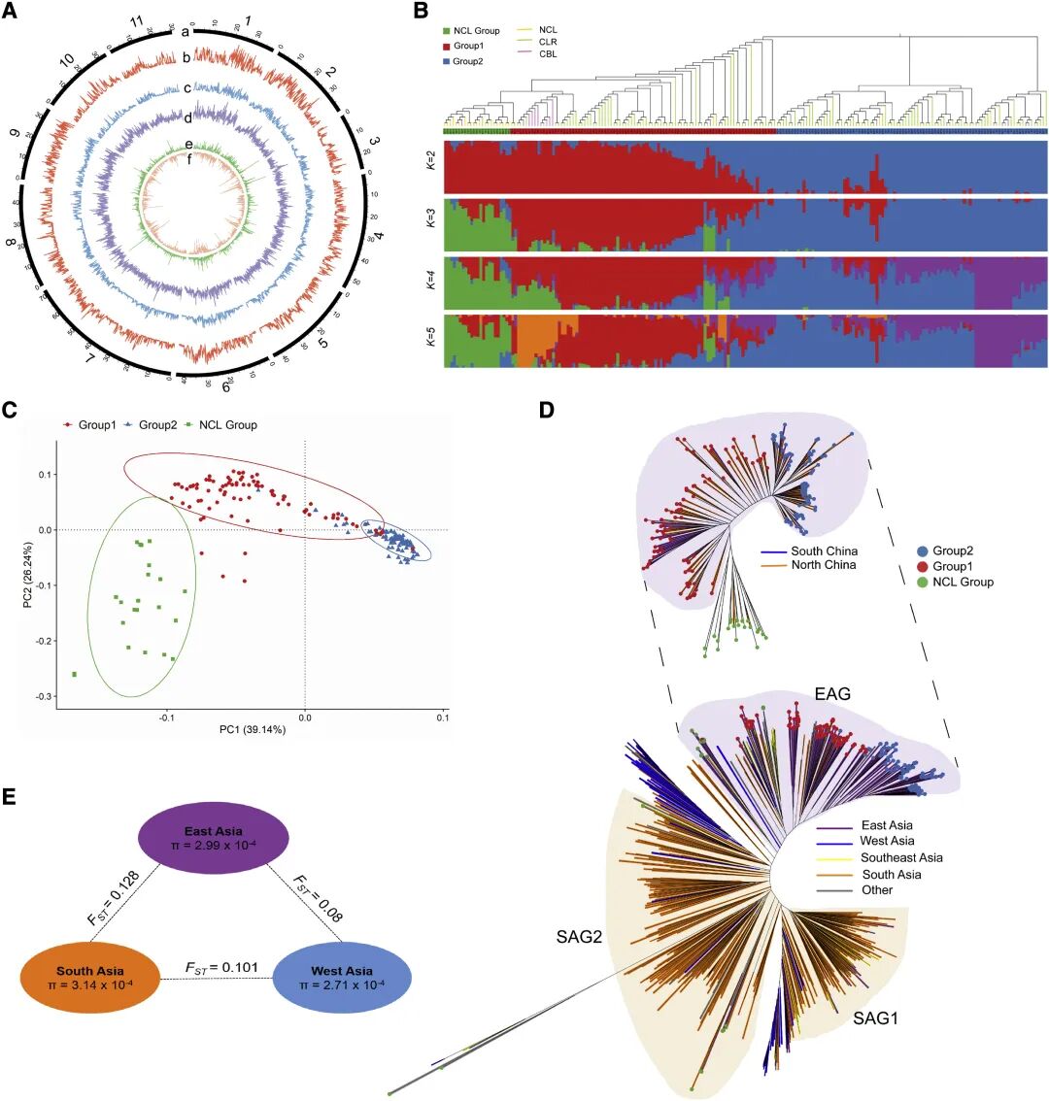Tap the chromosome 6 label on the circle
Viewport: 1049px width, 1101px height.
[225, 387]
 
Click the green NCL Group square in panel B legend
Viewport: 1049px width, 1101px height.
[446, 31]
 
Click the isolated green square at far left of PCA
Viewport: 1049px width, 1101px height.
[75, 674]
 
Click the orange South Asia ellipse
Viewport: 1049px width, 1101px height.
[88, 978]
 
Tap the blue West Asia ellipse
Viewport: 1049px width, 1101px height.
[343, 978]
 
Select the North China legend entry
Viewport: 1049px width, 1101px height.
[822, 565]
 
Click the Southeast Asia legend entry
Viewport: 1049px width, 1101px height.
[900, 858]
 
